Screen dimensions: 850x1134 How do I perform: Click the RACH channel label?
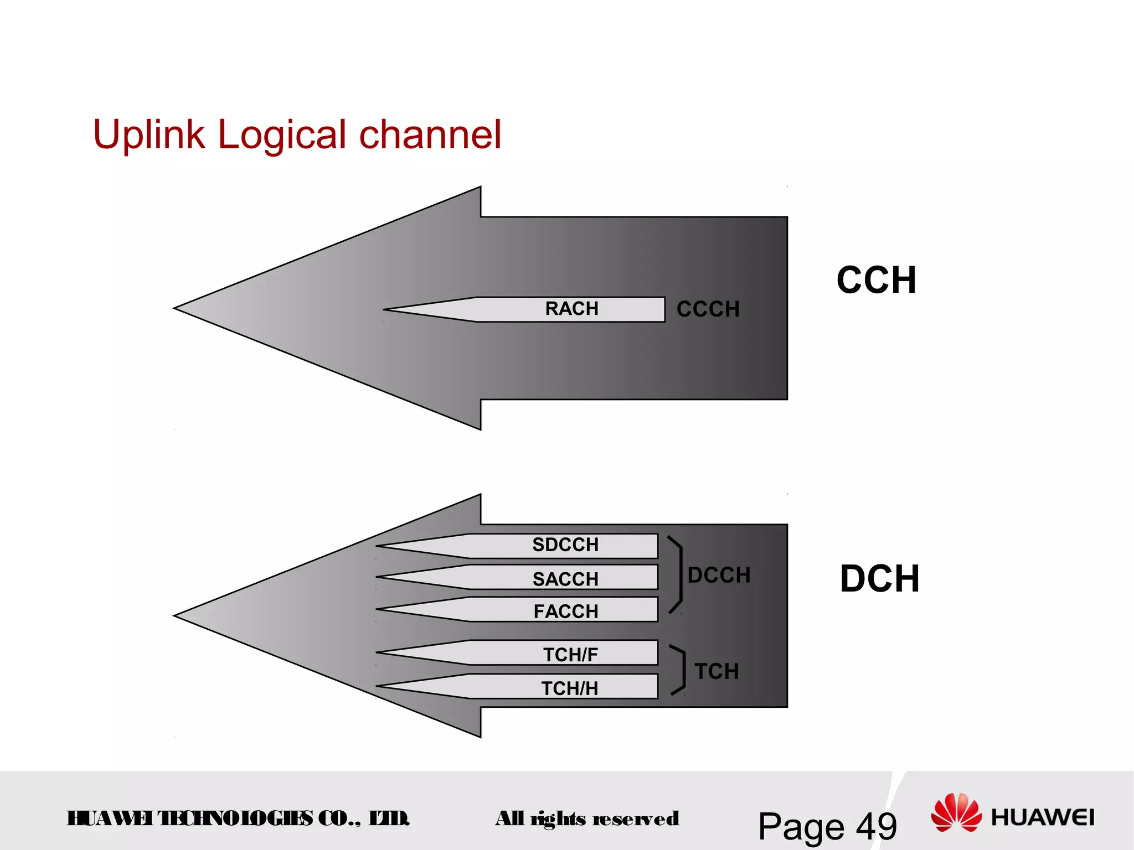pos(571,309)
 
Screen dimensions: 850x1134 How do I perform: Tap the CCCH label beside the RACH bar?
pos(708,309)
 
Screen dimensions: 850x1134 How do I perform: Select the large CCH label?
pos(876,280)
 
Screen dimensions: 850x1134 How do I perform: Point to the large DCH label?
pos(879,579)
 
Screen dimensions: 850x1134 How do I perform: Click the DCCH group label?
pos(719,576)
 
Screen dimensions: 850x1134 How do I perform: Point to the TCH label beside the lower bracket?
pos(717,671)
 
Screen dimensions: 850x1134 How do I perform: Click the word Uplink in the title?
pos(148,134)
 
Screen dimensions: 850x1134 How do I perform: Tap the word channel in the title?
pos(430,134)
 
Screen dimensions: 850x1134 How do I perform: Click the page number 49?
pos(876,827)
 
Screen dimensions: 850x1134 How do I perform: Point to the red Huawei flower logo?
pos(956,812)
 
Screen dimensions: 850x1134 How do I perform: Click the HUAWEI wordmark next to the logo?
pos(1042,817)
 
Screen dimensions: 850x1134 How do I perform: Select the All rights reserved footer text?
pos(587,818)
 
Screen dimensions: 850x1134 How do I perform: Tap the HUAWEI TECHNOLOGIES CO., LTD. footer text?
pos(238,818)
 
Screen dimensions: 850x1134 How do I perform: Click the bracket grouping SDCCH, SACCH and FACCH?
pos(677,575)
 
